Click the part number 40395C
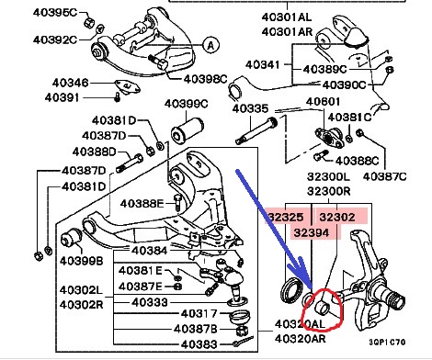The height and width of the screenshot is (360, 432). coord(55,13)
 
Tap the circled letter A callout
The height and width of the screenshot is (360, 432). coord(210,45)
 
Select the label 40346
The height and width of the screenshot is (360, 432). coord(70,83)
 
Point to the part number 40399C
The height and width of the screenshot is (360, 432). coord(186,104)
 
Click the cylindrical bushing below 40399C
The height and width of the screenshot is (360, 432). coord(187,131)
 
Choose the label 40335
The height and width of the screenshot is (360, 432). coord(250,108)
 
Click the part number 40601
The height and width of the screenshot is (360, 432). coord(323,101)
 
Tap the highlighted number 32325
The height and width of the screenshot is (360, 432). coord(286,217)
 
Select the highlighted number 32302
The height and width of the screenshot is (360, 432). coord(337,217)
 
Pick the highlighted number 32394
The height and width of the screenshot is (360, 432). coord(312,233)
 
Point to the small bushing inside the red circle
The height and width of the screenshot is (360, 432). coord(323,308)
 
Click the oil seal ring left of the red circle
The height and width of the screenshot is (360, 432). coord(292,291)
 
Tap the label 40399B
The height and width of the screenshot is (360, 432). coord(82,261)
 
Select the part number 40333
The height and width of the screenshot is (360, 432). coord(150,302)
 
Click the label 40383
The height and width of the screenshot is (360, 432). coord(199,344)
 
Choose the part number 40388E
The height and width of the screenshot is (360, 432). coord(142,203)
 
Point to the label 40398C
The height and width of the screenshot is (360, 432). coord(205,79)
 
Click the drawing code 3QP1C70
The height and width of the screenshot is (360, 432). coord(387,342)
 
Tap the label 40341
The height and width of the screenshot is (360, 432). coord(263,64)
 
